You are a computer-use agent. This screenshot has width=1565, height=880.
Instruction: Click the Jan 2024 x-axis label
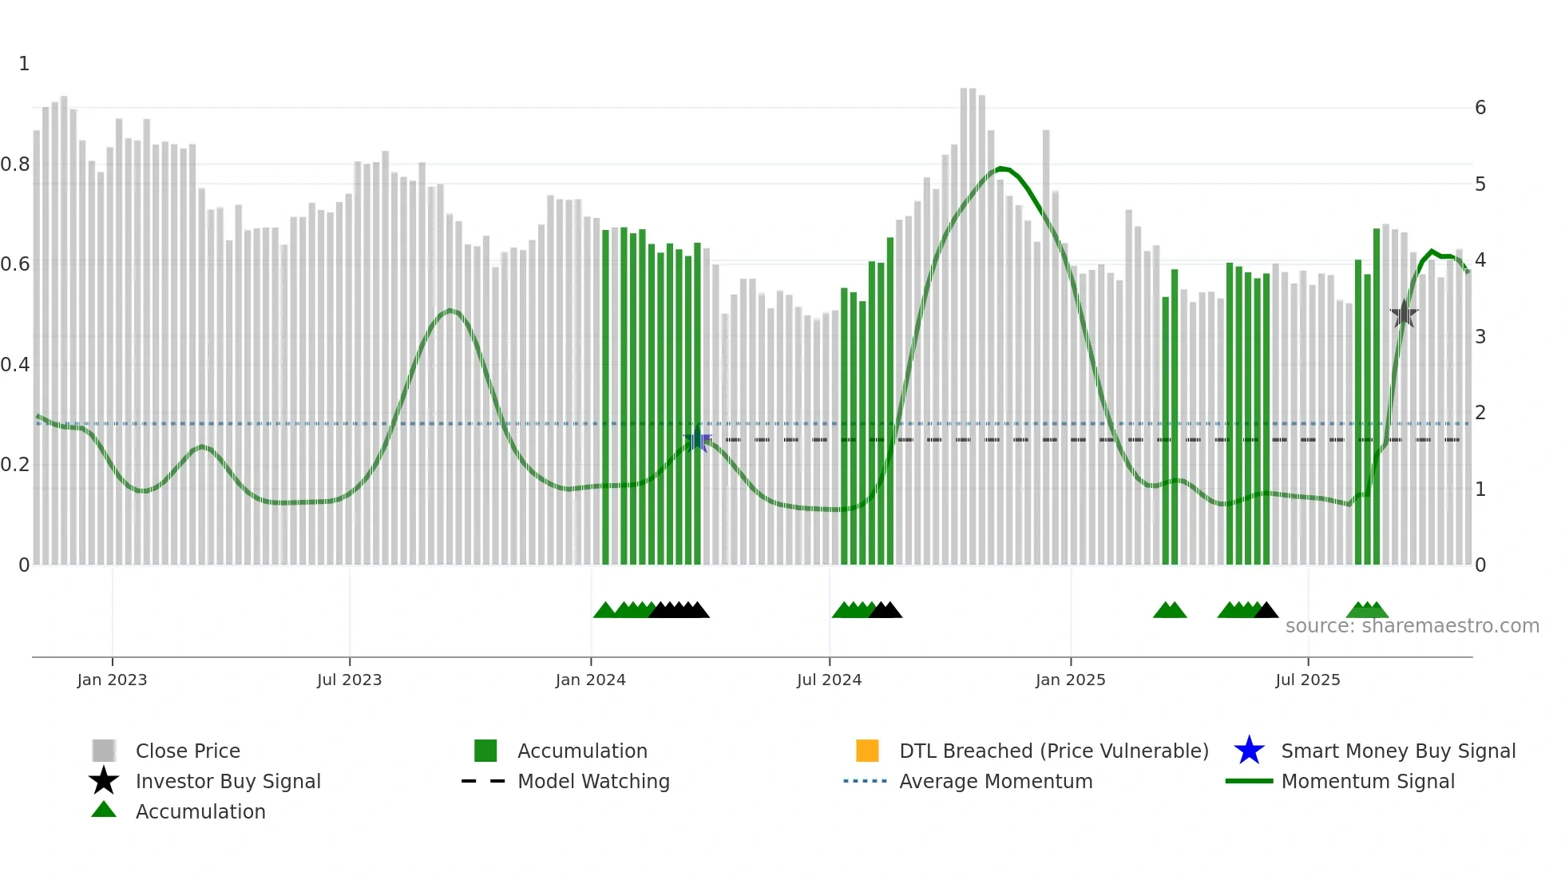click(x=590, y=680)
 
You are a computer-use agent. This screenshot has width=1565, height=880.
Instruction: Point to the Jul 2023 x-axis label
click(x=349, y=680)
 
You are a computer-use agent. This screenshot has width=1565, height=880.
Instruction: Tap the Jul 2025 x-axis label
click(x=1307, y=680)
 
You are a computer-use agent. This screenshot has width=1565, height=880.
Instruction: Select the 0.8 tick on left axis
click(x=15, y=165)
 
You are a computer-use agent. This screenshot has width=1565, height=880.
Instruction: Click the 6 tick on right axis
click(x=1480, y=108)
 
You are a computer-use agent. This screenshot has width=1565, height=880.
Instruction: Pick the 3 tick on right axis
click(x=1480, y=337)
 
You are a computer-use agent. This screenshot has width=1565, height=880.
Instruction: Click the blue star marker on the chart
click(x=697, y=439)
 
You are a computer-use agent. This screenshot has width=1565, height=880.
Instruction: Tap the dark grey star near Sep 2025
click(x=1404, y=314)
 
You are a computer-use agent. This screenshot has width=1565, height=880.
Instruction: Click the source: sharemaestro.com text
click(x=1412, y=626)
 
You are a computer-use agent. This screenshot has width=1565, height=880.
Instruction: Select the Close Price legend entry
click(x=188, y=751)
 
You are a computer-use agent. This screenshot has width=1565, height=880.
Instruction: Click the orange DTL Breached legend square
click(x=867, y=751)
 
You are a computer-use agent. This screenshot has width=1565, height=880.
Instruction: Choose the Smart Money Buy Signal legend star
click(x=1249, y=751)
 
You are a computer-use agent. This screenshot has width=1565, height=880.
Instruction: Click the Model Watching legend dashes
click(x=483, y=781)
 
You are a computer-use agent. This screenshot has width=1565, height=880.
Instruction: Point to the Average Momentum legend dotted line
click(x=865, y=781)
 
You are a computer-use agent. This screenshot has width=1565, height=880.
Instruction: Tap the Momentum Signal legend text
click(x=1367, y=781)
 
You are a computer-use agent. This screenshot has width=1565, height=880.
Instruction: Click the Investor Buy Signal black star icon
click(x=104, y=781)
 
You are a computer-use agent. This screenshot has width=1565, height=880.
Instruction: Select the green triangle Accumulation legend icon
click(x=104, y=811)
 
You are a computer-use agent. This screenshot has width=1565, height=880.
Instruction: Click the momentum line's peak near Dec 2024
click(x=1000, y=168)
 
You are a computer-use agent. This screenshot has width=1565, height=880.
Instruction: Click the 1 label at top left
click(x=24, y=64)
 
